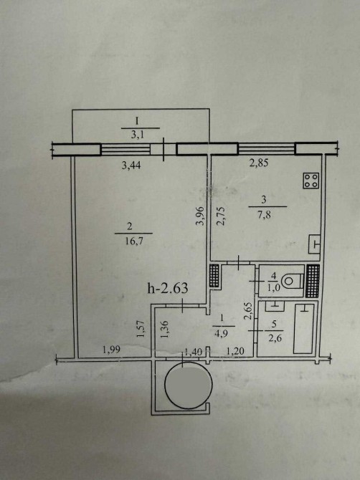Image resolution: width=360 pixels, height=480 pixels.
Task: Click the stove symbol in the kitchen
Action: [311, 181]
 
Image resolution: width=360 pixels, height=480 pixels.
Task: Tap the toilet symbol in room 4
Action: [292, 280]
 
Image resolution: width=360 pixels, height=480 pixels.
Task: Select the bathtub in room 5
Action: [304, 328]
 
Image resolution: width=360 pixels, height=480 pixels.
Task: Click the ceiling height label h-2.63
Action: [168, 288]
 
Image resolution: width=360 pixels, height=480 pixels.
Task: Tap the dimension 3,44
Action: [131, 165]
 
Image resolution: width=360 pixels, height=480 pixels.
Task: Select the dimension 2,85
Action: [259, 163]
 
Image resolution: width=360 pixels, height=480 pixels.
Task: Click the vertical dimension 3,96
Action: [200, 216]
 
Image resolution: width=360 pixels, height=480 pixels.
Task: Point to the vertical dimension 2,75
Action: [221, 216]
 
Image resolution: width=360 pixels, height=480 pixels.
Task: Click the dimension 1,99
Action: [110, 350]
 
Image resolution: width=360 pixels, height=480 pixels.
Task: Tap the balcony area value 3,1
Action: [137, 135]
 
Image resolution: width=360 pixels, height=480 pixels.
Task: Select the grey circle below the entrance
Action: [189, 385]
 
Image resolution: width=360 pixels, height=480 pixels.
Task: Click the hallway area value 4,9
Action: [222, 333]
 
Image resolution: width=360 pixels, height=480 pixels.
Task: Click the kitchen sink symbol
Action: [315, 244]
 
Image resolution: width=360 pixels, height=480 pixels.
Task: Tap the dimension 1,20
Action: [235, 351]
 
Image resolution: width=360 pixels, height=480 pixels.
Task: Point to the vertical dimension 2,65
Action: [248, 311]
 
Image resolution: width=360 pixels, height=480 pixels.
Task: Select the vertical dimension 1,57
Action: [141, 329]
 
